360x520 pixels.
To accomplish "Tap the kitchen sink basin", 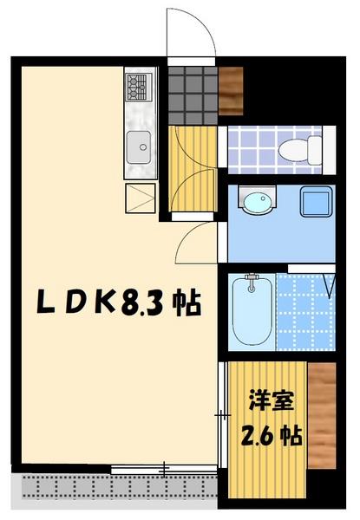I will click(x=138, y=148).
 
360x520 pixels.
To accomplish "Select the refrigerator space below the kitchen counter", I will click(x=139, y=198).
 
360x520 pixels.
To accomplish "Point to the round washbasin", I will click(x=256, y=204).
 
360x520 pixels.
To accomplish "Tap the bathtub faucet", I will click(x=252, y=281).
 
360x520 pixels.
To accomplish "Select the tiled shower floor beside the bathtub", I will click(x=304, y=314).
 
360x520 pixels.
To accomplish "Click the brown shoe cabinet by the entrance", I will click(x=232, y=90).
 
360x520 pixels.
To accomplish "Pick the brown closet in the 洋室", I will click(x=321, y=414).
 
